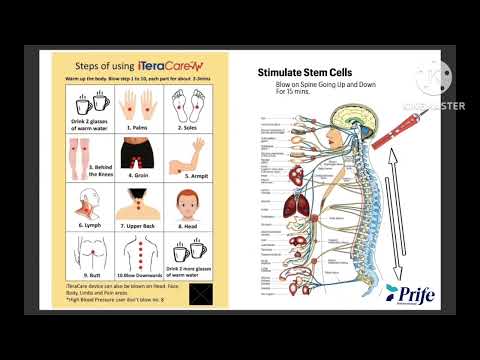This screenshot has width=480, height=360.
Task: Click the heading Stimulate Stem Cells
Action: tap(305, 73)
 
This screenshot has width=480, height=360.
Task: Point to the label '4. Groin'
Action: tap(137, 173)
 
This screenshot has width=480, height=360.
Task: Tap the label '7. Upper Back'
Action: tap(137, 226)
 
